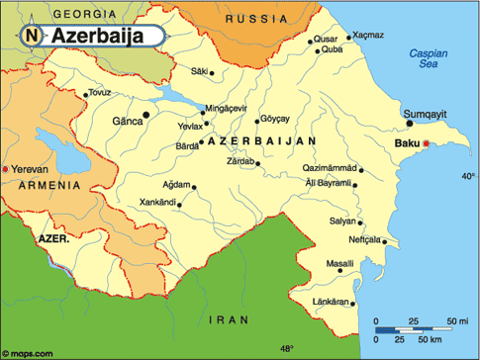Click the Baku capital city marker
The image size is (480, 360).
427,145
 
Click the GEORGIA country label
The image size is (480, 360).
56,14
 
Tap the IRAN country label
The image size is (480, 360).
230,319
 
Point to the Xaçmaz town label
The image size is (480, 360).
367,35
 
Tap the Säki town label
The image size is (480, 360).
200,71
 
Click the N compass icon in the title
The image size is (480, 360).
32,37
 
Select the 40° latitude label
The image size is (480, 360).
467,176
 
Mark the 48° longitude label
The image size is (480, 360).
285,349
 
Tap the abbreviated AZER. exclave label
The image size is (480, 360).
54,238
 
